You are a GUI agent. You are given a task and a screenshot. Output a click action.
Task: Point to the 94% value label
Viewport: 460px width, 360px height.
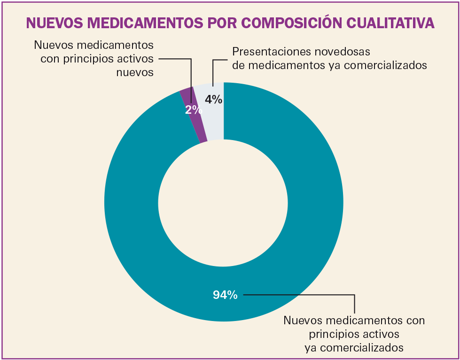pyautogui.click(x=225, y=295)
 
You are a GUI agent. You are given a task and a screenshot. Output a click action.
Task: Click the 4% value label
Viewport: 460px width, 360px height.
pyautogui.click(x=214, y=100)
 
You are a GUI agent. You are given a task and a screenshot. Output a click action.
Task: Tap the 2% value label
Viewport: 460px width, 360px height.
pyautogui.click(x=193, y=110)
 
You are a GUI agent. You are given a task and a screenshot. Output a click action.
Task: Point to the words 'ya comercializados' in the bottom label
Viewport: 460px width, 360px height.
pyautogui.click(x=354, y=348)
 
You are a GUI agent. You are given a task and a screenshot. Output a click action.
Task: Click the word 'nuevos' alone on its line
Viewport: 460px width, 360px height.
pyautogui.click(x=136, y=72)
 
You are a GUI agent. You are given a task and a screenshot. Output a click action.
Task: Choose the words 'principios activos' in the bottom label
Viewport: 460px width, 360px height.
pyautogui.click(x=354, y=334)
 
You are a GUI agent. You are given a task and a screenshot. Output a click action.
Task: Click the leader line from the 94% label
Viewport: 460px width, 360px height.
pyautogui.click(x=301, y=295)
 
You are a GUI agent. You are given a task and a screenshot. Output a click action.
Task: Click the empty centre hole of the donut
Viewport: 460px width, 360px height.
pyautogui.click(x=223, y=202)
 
